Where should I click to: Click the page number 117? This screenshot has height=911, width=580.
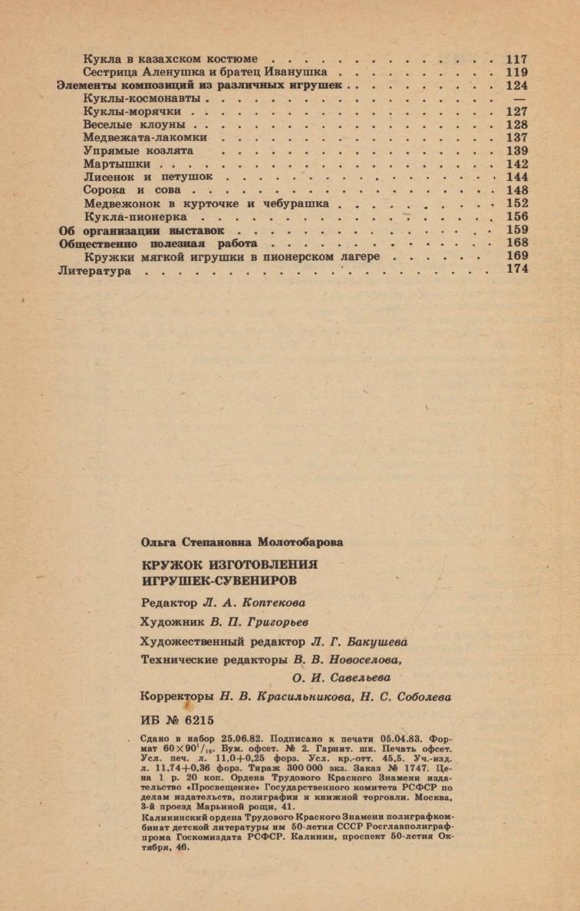(517, 58)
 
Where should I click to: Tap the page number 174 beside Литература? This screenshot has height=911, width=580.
(517, 270)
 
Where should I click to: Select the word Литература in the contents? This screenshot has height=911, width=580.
(95, 271)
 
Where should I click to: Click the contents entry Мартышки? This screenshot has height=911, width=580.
(117, 164)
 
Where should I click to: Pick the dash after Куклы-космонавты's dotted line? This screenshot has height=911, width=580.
(519, 99)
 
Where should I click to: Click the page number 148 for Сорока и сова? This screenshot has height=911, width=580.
(517, 190)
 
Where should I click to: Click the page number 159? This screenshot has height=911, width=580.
(517, 230)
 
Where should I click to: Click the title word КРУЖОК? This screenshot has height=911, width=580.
(170, 564)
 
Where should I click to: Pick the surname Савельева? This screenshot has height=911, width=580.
(355, 677)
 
